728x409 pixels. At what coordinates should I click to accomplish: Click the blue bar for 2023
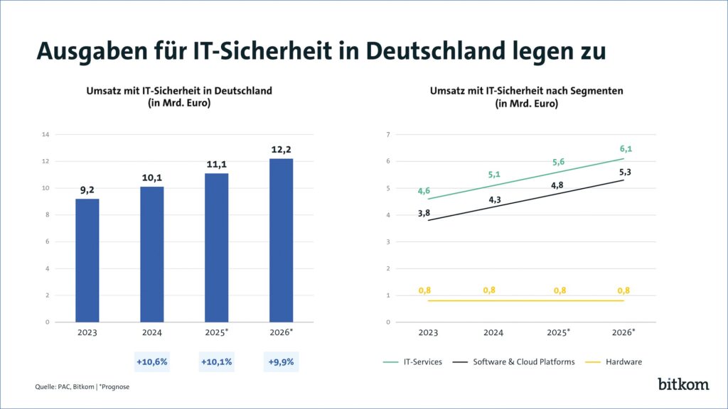coord(87,260)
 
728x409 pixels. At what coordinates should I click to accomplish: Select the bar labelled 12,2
coord(281,240)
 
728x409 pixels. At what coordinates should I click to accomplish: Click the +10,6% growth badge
coord(151,361)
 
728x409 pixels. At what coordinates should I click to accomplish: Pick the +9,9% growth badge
coord(281,361)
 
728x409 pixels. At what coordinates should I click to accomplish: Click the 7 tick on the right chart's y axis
coord(388,134)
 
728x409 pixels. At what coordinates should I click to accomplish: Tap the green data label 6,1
coord(626,148)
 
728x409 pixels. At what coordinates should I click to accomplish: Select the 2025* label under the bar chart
coord(216,333)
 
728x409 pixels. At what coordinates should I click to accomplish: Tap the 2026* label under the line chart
coord(623,333)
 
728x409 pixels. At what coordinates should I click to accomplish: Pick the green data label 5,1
coord(494,175)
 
